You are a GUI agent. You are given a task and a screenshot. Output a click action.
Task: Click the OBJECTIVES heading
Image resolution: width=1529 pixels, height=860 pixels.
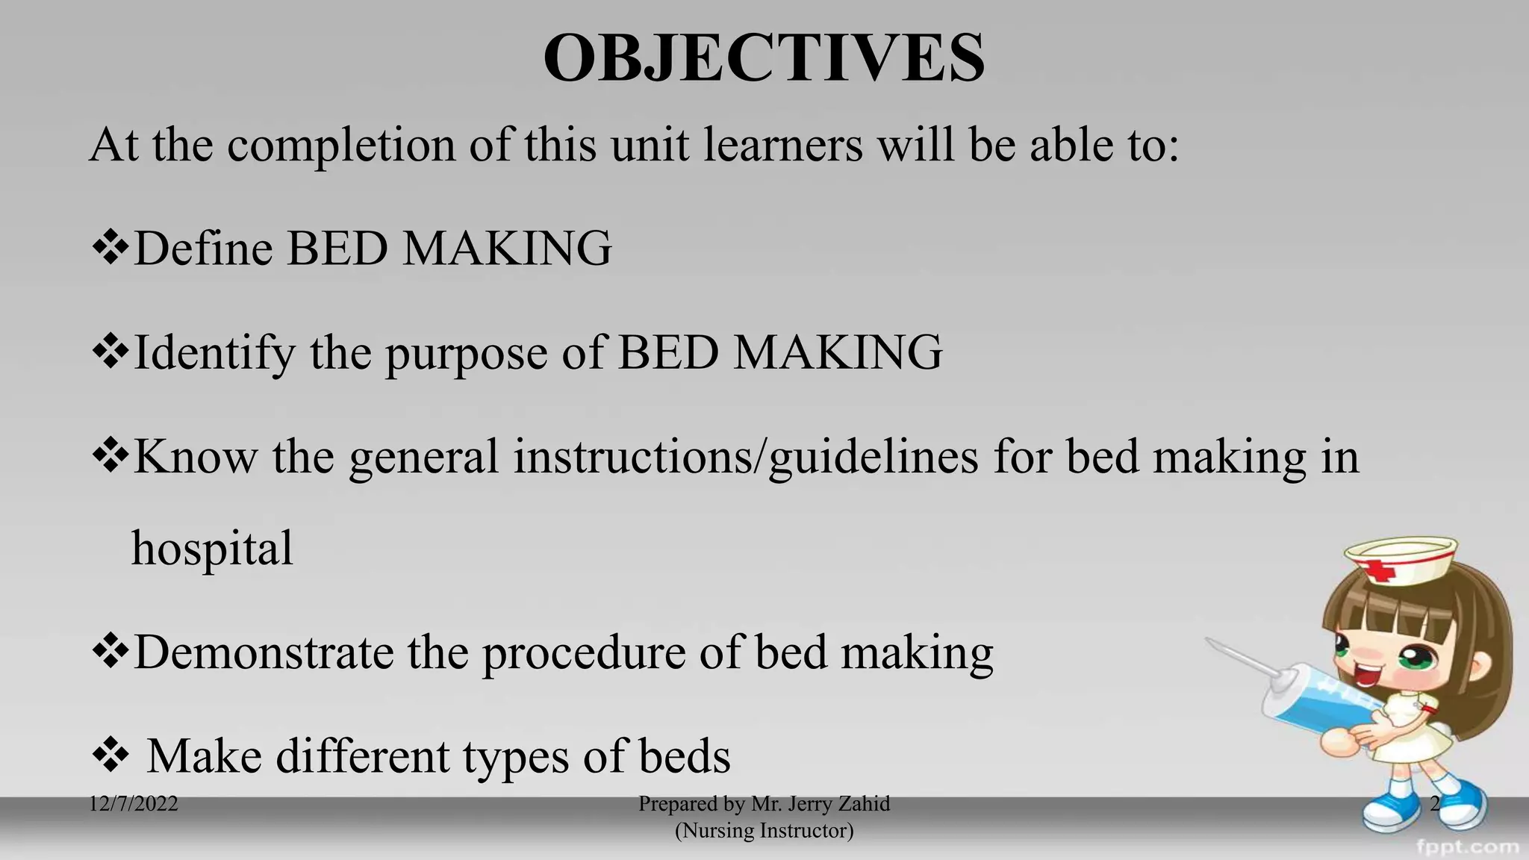coord(764,58)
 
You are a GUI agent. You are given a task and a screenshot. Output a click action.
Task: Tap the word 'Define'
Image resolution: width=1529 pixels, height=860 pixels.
coord(203,249)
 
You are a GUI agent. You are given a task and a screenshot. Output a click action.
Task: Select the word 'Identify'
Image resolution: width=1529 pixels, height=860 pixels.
coord(214,353)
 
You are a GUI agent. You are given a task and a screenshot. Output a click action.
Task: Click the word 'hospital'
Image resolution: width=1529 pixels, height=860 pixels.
coord(212,549)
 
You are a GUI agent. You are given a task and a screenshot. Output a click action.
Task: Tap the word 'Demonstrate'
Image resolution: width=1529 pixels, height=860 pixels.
coord(263,652)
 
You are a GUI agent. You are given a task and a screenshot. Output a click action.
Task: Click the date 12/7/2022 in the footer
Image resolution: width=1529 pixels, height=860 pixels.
coord(134,804)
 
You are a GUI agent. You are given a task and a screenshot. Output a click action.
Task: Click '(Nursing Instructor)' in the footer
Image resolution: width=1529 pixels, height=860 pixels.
coord(764,830)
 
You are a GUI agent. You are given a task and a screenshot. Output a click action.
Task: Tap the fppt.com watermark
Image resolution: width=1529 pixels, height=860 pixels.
coord(1467,847)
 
